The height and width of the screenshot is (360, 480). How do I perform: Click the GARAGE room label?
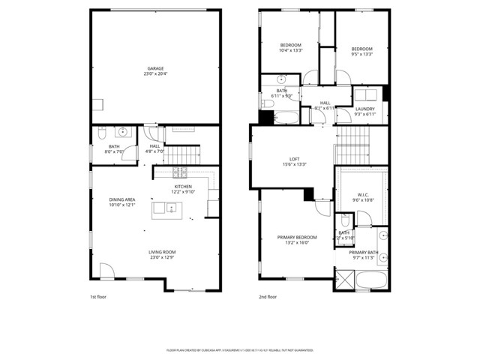point(155,68)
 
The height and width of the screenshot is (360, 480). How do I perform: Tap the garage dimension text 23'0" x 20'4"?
point(155,73)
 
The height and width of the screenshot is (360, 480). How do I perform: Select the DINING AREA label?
point(121,199)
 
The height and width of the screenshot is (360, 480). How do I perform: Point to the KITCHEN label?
point(184,186)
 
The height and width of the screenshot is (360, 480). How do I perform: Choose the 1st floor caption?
point(98,297)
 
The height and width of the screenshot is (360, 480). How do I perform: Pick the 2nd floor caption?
point(268,297)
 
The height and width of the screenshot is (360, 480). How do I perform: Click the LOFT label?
point(295,159)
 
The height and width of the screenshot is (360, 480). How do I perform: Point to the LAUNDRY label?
point(365,109)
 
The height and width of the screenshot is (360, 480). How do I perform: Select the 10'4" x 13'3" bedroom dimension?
point(291,50)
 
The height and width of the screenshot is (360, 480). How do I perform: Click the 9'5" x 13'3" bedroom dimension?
point(361,54)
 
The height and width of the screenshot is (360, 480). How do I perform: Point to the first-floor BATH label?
point(114,146)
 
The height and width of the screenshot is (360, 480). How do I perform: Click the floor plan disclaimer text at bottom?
point(239,350)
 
